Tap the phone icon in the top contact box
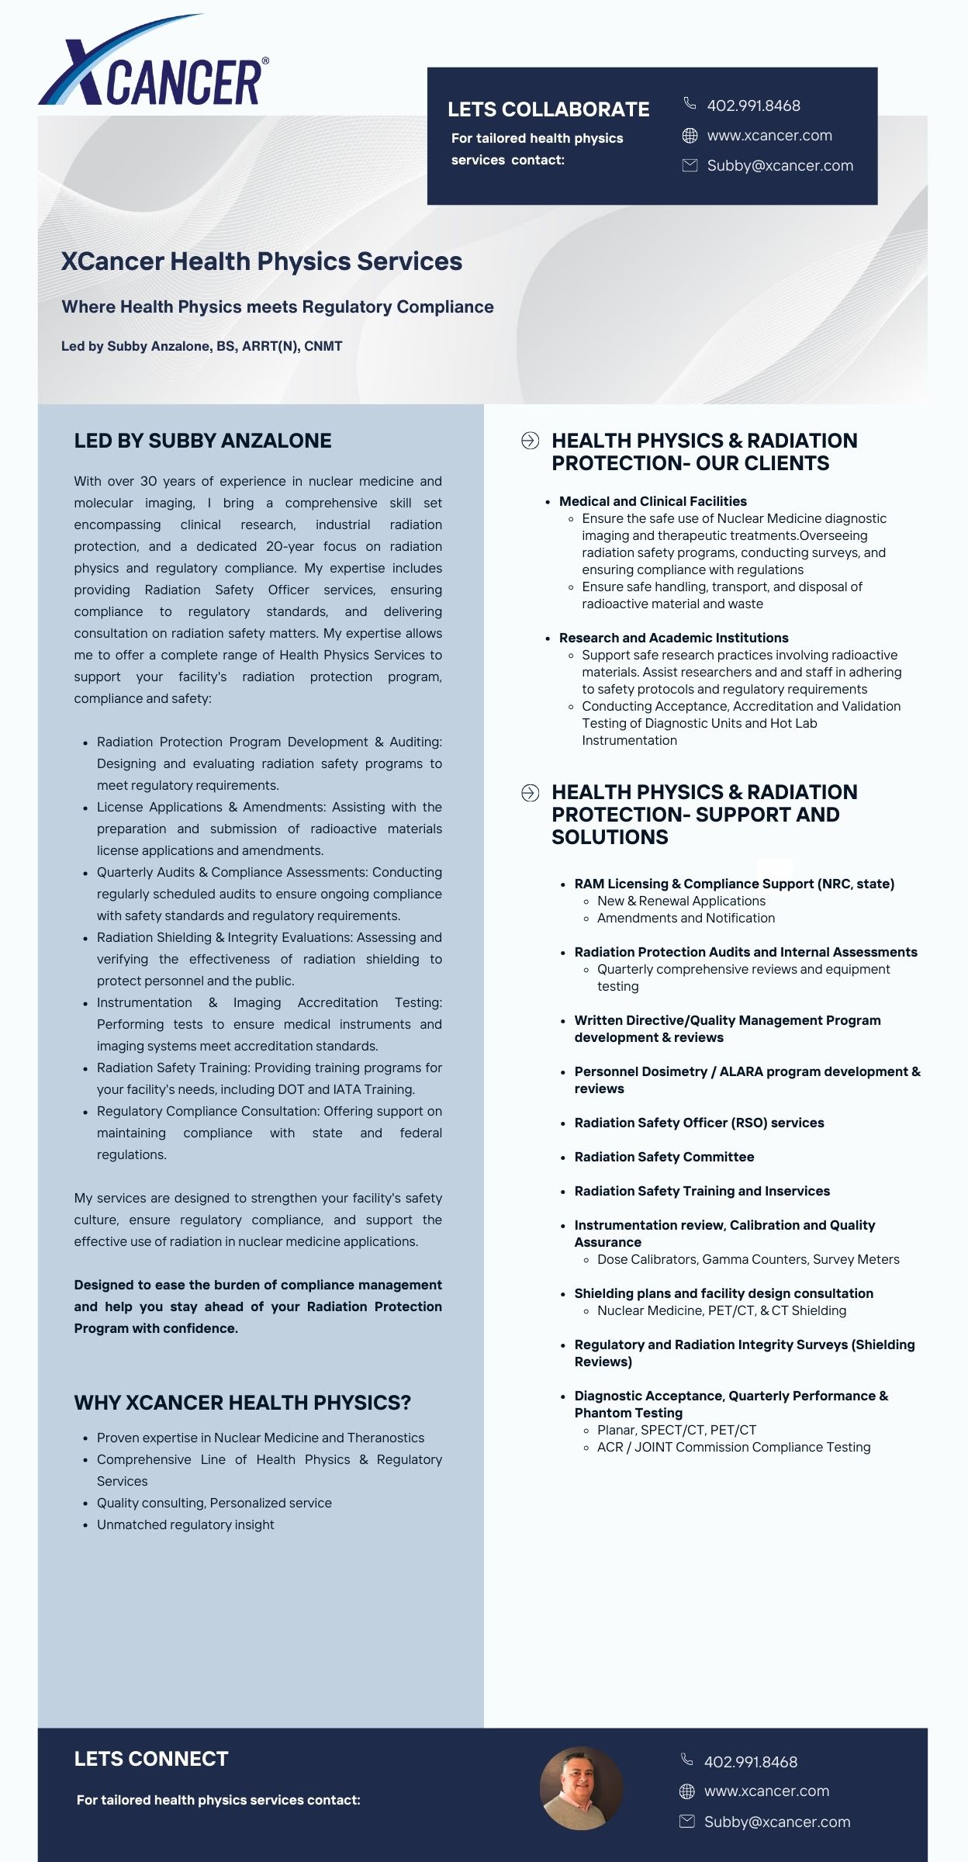pos(689,103)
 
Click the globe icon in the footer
pos(686,1791)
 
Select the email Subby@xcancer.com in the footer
pos(776,1822)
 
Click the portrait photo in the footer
pos(581,1788)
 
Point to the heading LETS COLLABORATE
pos(548,109)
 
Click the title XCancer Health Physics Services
pos(261,261)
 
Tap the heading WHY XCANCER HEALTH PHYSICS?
pos(242,1403)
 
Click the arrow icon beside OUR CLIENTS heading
pos(530,441)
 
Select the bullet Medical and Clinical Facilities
pos(652,501)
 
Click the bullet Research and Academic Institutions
pos(673,638)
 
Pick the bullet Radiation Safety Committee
pos(664,1157)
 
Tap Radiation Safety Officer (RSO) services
pos(699,1123)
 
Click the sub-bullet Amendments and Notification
pos(686,918)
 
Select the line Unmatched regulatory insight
pos(185,1525)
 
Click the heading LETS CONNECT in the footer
pos(151,1759)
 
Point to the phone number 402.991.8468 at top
pos(753,106)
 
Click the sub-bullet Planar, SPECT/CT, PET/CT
pos(676,1430)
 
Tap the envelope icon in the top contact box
pos(689,165)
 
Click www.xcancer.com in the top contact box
pos(769,136)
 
